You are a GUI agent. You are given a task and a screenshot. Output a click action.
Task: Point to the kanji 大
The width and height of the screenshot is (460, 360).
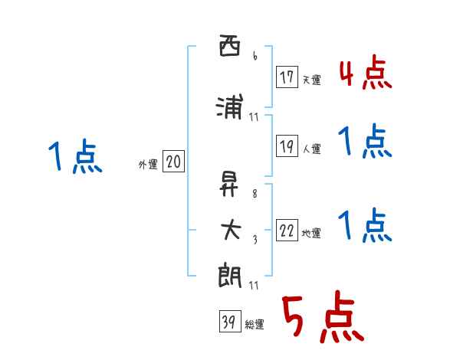229,230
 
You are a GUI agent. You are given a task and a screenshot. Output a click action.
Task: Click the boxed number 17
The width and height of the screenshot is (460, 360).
287,77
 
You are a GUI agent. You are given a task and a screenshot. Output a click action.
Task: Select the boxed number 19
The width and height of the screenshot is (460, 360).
287,147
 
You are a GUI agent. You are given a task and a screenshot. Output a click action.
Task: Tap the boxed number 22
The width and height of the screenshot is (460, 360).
287,231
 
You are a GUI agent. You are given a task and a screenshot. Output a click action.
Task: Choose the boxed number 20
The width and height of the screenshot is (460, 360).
173,162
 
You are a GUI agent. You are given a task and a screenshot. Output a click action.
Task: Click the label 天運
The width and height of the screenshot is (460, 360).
311,80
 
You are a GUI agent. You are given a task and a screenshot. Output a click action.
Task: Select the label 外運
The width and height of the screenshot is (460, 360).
148,164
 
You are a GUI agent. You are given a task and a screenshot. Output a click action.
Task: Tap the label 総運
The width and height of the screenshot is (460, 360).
255,325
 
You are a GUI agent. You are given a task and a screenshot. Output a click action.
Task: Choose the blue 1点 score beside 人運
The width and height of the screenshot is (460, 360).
365,142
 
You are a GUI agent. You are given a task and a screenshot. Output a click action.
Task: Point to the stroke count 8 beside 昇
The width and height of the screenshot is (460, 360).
254,195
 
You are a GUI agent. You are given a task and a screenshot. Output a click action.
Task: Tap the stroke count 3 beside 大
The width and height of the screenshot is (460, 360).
254,239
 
